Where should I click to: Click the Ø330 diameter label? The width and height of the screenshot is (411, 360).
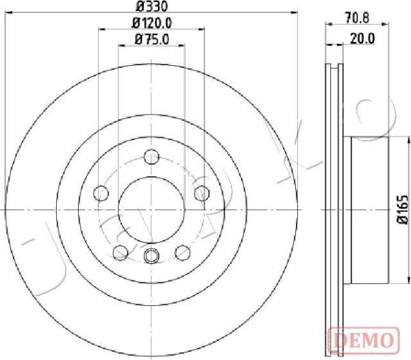point(151,7)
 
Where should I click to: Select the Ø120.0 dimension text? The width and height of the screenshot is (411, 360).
point(152,23)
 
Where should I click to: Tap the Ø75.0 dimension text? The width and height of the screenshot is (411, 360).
point(152,40)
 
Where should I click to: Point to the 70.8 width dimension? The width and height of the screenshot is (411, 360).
point(357,19)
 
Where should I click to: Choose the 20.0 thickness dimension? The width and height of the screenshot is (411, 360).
point(362,39)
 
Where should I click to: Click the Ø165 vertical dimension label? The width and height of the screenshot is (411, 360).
point(403,209)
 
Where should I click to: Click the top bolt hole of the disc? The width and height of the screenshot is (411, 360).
point(151,156)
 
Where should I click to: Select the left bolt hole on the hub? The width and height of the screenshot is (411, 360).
point(101,193)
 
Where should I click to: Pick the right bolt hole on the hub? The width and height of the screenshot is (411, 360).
point(202,193)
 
